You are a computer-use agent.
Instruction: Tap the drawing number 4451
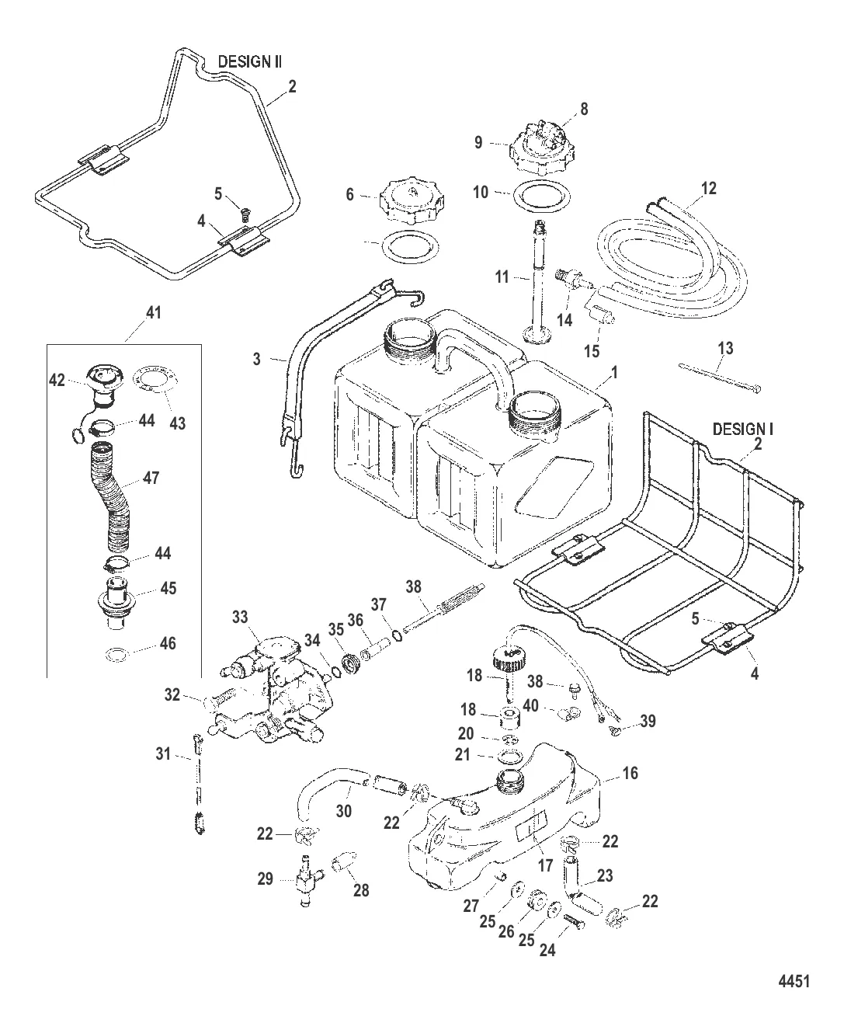[794, 980]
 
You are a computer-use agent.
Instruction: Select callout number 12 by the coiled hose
[707, 188]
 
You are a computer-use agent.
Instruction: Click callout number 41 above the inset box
[154, 313]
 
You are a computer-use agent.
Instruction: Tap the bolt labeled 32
[224, 701]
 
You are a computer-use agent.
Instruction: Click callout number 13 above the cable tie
[724, 349]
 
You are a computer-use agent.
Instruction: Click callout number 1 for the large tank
[613, 371]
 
